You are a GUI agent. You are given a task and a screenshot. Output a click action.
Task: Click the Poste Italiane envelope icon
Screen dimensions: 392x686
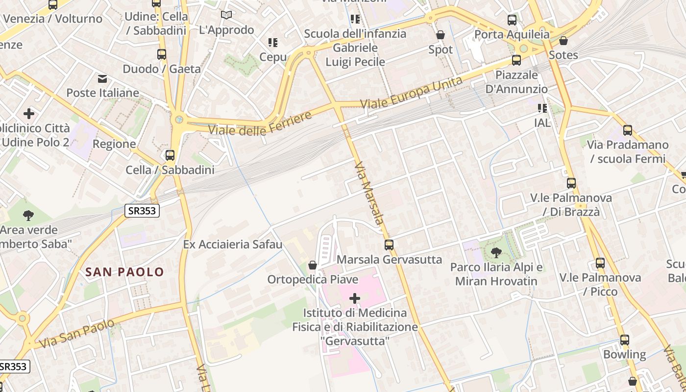(102, 79)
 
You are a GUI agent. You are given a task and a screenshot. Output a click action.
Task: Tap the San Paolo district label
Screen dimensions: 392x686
(124, 272)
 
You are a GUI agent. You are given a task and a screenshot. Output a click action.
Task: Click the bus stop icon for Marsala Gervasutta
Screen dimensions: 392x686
(389, 245)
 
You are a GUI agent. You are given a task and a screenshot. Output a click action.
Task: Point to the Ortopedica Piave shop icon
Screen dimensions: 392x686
(313, 265)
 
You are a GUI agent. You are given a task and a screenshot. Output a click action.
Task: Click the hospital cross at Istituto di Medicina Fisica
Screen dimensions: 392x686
(355, 298)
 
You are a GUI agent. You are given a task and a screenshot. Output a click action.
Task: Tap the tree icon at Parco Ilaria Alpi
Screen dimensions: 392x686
(496, 253)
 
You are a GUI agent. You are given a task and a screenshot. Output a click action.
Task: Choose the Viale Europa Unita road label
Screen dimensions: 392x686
(411, 93)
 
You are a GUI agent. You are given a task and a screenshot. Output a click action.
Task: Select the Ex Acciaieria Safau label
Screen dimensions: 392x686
(233, 244)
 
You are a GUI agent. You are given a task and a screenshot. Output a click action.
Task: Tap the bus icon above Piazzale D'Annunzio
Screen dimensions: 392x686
(516, 60)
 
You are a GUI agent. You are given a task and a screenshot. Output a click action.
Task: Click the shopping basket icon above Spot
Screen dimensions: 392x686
(441, 35)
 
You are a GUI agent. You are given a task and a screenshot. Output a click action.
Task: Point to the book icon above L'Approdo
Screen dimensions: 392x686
(226, 15)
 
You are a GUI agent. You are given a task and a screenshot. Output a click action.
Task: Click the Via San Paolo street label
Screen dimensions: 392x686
(77, 333)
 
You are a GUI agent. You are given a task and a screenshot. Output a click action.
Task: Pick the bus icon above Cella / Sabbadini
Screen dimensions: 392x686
(170, 155)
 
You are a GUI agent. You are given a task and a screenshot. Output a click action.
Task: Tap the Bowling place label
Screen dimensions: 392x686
(624, 354)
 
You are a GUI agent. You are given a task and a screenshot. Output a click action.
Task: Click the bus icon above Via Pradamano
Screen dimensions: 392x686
(628, 130)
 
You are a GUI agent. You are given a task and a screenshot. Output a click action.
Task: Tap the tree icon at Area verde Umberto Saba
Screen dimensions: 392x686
(28, 215)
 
